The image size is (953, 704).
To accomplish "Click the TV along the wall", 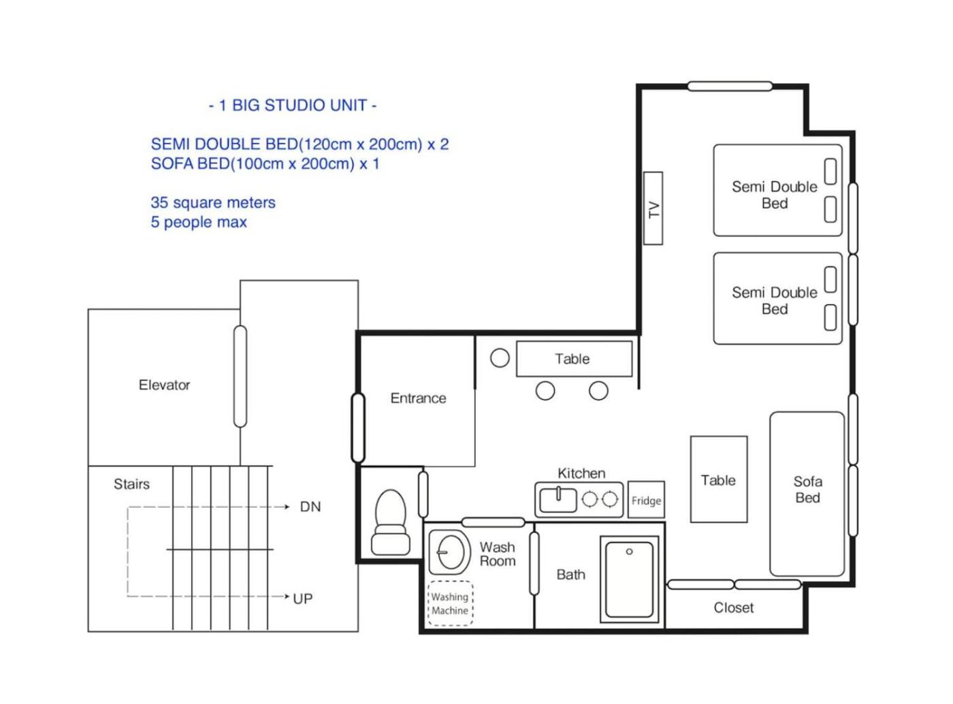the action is coord(653,208).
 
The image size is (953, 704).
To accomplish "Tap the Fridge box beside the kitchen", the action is coord(646,499).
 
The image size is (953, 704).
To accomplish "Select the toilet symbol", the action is coord(390,522).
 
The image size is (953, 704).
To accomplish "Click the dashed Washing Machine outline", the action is coord(450,603).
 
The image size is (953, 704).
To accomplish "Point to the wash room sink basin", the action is coord(450,552).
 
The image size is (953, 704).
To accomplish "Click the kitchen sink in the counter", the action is coord(558,500).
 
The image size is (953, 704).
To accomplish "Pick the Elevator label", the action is coord(164,385).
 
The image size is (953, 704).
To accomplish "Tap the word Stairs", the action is coord(131,484).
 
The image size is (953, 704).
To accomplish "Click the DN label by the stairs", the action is coord(310,507).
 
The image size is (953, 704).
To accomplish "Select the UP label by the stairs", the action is coord(302,598).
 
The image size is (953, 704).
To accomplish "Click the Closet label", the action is coord(733,607).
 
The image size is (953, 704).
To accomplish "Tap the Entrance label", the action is coord(418,398).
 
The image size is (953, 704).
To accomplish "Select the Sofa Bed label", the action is coord(808,489).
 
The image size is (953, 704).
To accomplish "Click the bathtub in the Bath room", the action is coord(629,579).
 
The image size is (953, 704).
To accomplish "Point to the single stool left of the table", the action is coord(500,357).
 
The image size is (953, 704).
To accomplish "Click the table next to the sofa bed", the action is coord(719,479).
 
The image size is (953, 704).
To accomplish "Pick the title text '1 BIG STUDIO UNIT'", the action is coord(293,106).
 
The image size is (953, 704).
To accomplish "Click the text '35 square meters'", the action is coord(212,202).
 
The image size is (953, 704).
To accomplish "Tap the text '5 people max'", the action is coord(199,222).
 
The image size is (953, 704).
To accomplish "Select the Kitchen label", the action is coord(581,473).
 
